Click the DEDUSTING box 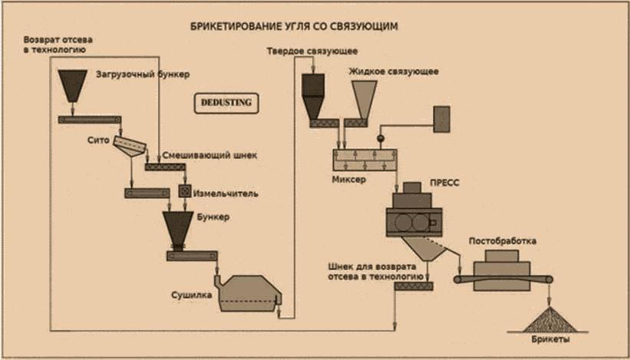(x=226, y=103)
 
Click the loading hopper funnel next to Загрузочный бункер (x=72, y=85)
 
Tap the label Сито (x=98, y=140)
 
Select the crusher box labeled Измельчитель (x=185, y=192)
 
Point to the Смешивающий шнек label (x=209, y=156)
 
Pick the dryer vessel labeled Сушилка (x=249, y=293)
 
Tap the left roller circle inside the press (x=403, y=222)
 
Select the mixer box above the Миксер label (x=364, y=160)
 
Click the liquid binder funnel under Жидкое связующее (x=364, y=101)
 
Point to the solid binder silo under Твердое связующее (x=313, y=97)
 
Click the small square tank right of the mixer (x=441, y=119)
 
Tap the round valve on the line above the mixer (x=380, y=138)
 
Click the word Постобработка (x=502, y=242)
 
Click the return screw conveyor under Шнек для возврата (x=414, y=286)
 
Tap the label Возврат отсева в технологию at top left (x=58, y=45)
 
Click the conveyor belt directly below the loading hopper (x=89, y=120)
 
